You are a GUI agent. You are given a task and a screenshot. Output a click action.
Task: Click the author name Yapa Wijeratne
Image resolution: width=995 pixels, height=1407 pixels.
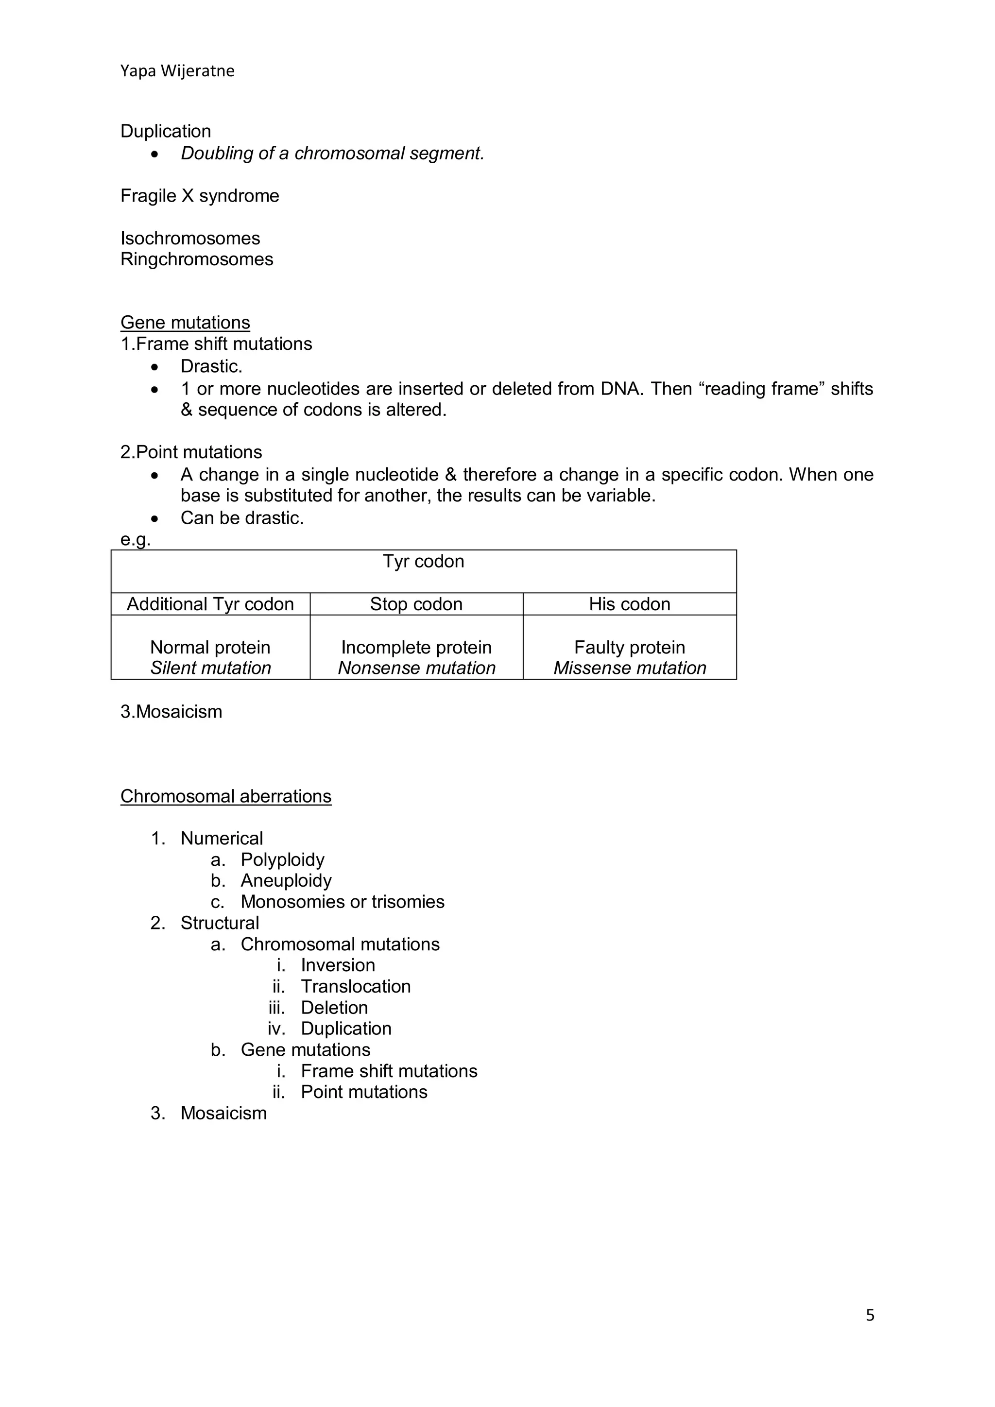click(177, 71)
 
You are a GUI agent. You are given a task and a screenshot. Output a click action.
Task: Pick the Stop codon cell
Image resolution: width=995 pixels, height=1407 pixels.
click(416, 604)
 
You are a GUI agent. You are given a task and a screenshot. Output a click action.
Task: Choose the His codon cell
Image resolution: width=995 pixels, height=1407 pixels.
click(629, 604)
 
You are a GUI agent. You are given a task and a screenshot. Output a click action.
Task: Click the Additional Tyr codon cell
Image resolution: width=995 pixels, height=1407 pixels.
click(210, 604)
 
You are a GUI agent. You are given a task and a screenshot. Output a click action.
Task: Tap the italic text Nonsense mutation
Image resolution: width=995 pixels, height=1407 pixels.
click(417, 668)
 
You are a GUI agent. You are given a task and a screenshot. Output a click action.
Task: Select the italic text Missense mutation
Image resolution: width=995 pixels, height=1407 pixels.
click(630, 668)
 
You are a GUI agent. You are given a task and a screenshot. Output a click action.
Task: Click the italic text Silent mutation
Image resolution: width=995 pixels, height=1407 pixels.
click(210, 668)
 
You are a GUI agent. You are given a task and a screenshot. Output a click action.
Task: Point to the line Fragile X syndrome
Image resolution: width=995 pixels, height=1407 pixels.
click(200, 196)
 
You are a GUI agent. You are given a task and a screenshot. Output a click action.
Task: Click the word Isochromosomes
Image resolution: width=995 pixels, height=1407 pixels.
click(190, 239)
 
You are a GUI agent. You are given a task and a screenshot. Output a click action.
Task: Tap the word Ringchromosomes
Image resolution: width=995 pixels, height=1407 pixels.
click(197, 259)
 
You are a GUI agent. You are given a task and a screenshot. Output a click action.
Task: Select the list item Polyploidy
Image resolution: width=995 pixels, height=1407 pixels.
click(282, 860)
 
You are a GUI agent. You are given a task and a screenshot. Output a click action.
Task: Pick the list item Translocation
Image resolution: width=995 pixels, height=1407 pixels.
click(355, 987)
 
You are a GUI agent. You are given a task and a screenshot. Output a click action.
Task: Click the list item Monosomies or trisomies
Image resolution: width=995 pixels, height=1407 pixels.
click(343, 902)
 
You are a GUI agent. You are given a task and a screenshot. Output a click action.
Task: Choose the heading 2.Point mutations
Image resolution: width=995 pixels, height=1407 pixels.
click(191, 452)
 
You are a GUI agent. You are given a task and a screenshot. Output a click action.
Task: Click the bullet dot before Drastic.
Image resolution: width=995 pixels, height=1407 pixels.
click(154, 367)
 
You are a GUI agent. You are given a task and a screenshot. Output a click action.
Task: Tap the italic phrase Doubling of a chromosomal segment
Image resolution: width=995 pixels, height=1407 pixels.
click(332, 153)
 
